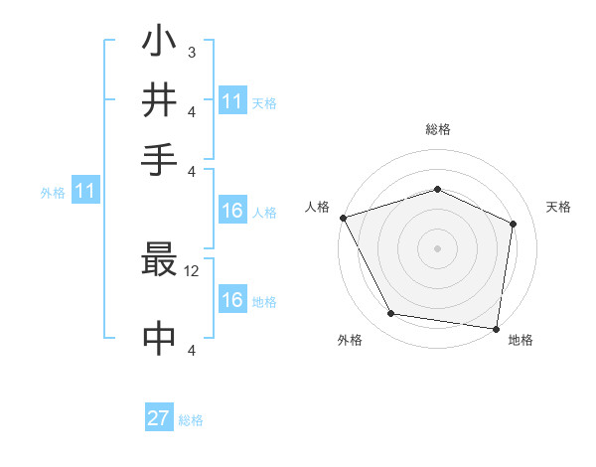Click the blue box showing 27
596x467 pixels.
tap(159, 418)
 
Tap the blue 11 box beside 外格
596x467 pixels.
tap(84, 192)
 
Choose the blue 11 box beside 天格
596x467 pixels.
tap(232, 101)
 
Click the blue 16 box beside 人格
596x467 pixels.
tap(232, 211)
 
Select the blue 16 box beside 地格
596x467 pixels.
tap(232, 300)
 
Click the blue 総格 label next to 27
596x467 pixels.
tap(191, 420)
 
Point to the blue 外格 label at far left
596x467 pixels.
tap(53, 193)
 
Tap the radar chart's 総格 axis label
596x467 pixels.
tap(437, 129)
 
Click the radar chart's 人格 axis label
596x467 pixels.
tap(318, 207)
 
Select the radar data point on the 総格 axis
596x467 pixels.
tap(437, 189)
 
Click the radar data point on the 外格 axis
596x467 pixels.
tap(391, 314)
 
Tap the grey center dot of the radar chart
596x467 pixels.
tap(437, 247)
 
